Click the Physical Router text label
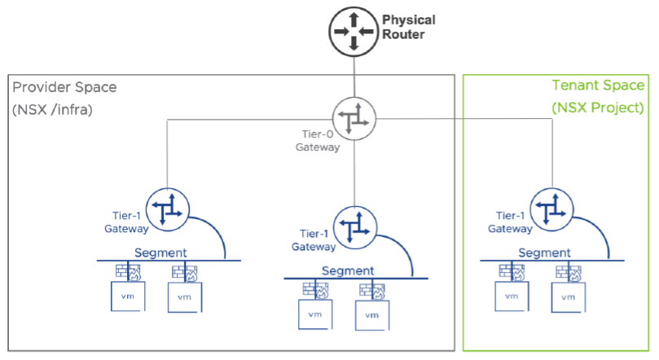408,27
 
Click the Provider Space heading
64,86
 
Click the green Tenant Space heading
598,86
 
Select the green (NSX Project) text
597,107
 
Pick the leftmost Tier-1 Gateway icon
168,209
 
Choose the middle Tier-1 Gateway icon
355,224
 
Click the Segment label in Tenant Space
543,252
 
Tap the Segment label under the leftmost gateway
160,252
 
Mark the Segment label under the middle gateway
348,270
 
